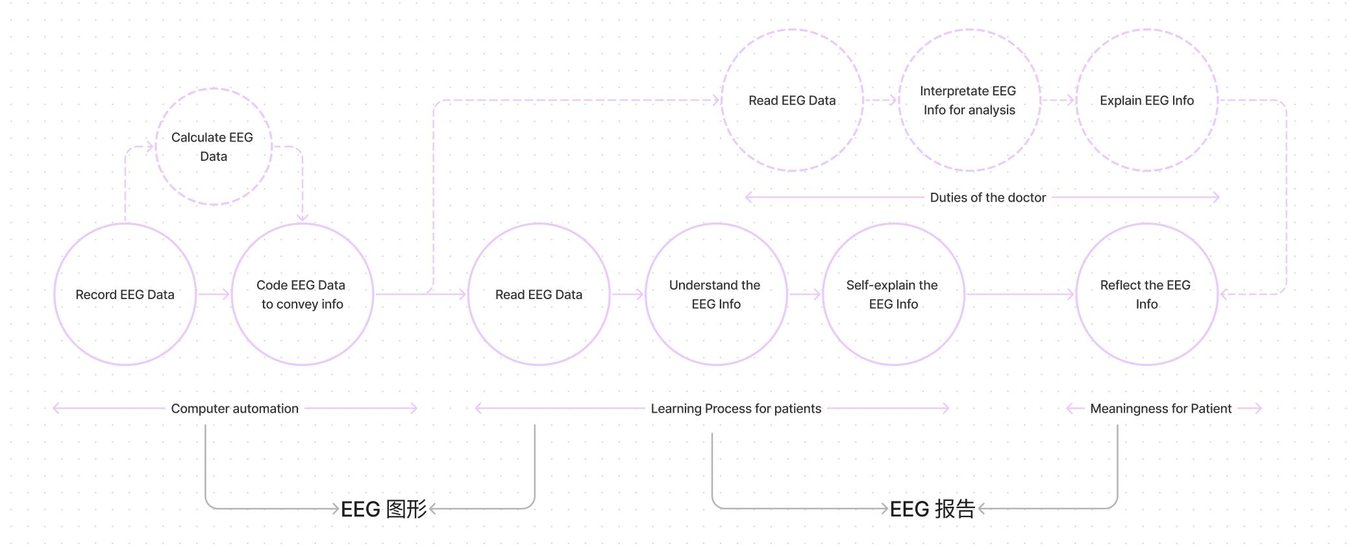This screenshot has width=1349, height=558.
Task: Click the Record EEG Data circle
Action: click(x=125, y=295)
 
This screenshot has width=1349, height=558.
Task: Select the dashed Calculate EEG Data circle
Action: click(x=213, y=147)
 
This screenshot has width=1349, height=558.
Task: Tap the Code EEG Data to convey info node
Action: click(x=302, y=295)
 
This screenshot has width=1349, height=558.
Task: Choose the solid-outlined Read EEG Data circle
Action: click(x=539, y=295)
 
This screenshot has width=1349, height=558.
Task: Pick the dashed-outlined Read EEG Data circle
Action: click(x=792, y=101)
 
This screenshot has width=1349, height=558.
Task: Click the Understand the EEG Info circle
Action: click(x=715, y=295)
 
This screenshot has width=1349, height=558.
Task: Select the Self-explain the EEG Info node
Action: click(x=893, y=295)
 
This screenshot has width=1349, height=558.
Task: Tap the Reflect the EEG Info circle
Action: click(x=1146, y=295)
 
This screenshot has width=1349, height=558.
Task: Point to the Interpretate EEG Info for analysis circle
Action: click(x=969, y=101)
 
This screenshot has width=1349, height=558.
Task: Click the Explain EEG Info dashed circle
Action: click(x=1146, y=101)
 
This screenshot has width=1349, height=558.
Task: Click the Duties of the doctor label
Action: click(x=987, y=198)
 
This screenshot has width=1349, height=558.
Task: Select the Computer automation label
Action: click(x=234, y=409)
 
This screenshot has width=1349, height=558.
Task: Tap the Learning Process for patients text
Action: click(x=736, y=409)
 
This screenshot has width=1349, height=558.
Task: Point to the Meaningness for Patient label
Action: click(x=1161, y=409)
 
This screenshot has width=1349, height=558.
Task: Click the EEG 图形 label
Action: click(x=384, y=509)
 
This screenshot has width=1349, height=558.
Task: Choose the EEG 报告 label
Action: click(x=932, y=509)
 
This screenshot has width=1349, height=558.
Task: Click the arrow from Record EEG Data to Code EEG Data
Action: click(x=214, y=295)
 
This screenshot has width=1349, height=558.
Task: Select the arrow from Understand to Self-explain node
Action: click(x=805, y=295)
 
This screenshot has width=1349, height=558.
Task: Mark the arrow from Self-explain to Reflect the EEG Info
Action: click(x=1019, y=295)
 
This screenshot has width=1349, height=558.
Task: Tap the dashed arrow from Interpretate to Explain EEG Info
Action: click(x=1058, y=101)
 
